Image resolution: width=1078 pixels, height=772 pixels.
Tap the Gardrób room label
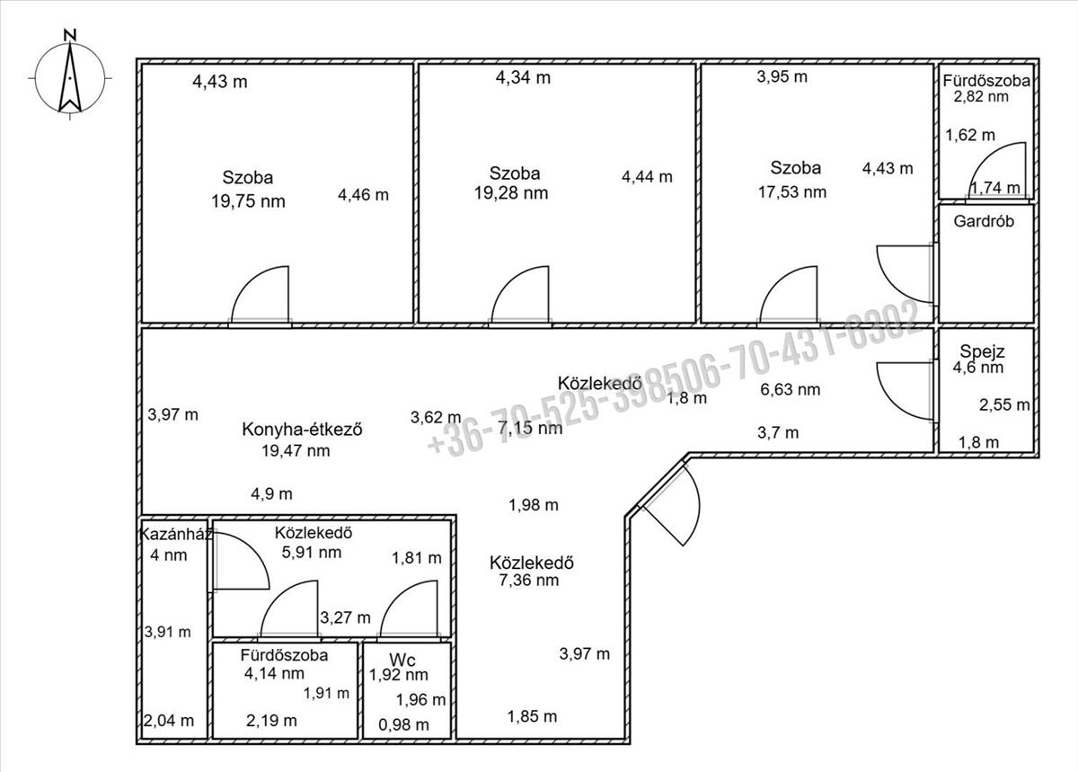click(x=985, y=221)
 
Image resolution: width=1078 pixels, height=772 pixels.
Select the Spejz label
click(x=981, y=351)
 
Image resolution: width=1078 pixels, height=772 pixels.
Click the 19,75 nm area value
click(x=248, y=201)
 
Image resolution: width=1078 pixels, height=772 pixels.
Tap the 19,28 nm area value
click(x=510, y=192)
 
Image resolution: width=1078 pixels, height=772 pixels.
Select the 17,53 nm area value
click(x=790, y=191)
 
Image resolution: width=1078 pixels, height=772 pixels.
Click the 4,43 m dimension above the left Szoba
click(x=220, y=82)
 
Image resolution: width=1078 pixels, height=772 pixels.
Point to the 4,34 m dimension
click(x=523, y=77)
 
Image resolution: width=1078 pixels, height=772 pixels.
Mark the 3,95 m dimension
click(x=782, y=76)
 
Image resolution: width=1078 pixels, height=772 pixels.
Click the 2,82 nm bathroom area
click(x=983, y=97)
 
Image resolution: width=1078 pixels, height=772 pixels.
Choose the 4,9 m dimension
click(x=271, y=493)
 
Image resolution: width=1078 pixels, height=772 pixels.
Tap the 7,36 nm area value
click(x=528, y=581)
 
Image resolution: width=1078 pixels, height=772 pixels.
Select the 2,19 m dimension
click(x=271, y=720)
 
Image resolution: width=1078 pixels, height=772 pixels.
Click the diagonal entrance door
click(x=668, y=507)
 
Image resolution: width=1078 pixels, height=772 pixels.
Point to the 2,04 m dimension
click(x=168, y=720)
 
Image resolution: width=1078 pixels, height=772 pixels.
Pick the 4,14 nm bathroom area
click(x=274, y=672)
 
